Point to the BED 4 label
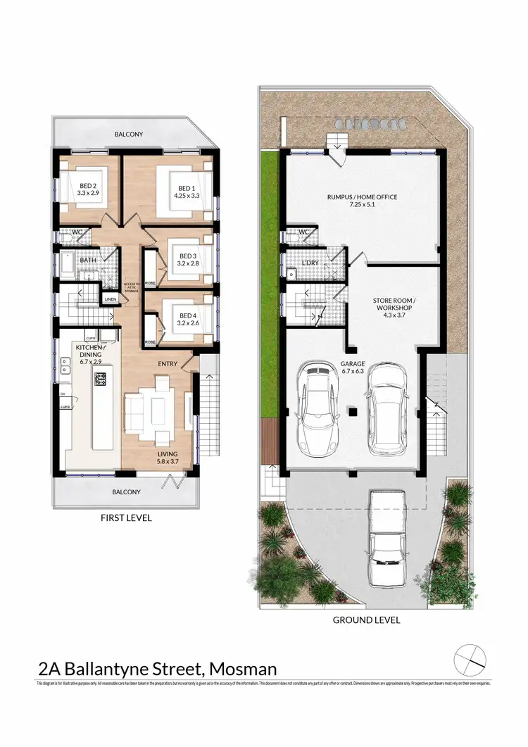coord(187,315)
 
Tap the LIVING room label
coord(168,454)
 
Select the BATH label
coord(87,260)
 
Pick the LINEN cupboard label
coord(109,300)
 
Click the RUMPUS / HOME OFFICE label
coord(363,197)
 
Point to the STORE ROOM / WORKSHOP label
coord(394,304)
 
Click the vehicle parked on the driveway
coord(386,533)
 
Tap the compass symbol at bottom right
coord(470,659)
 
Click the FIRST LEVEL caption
coord(127,518)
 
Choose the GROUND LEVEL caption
coord(366,620)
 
